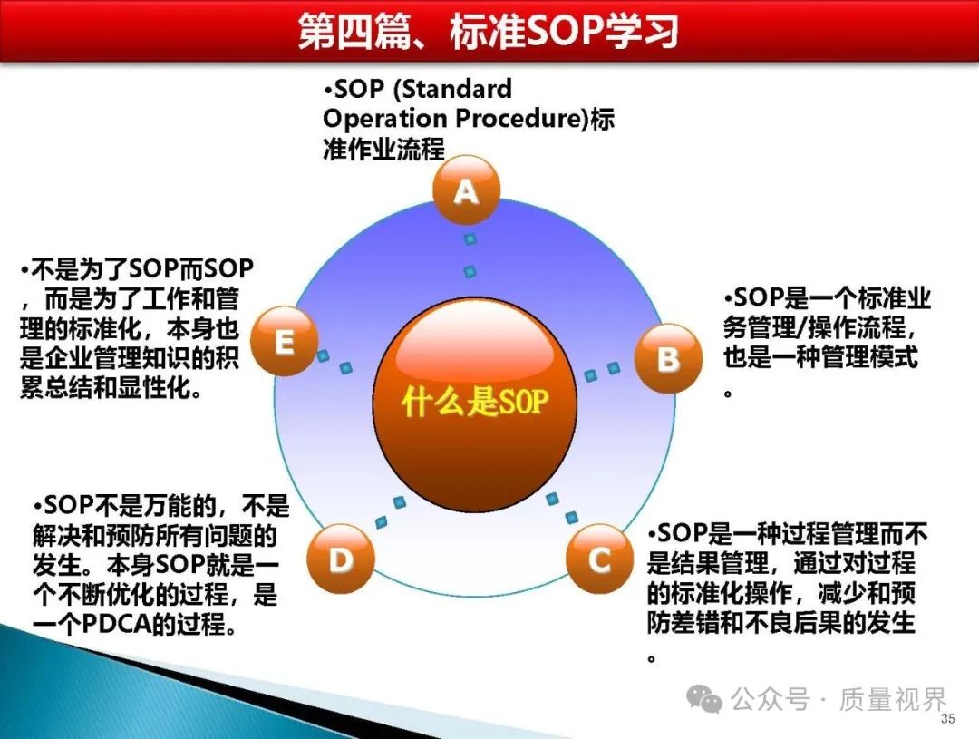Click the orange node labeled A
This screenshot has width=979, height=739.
pos(467,190)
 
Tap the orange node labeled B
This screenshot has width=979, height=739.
pos(668,358)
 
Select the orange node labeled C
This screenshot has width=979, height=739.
pos(599,559)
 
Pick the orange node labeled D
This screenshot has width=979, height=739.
pos(341,559)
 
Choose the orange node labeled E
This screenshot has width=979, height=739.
pos(284,341)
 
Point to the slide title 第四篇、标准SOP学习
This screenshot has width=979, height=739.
pos(489,31)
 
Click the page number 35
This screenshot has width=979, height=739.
pos(947,718)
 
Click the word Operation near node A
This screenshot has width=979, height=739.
pos(385,119)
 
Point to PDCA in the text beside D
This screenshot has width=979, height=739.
pos(117,624)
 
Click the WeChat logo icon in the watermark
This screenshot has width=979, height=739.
pos(703,698)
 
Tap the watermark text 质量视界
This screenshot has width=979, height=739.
pos(893,699)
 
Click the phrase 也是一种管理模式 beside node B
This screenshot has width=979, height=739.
pos(821,357)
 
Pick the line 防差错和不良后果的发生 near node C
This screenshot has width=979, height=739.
pos(781,622)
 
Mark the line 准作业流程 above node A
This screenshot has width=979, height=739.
pos(384,149)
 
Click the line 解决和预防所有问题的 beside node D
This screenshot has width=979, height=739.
pos(155,535)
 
